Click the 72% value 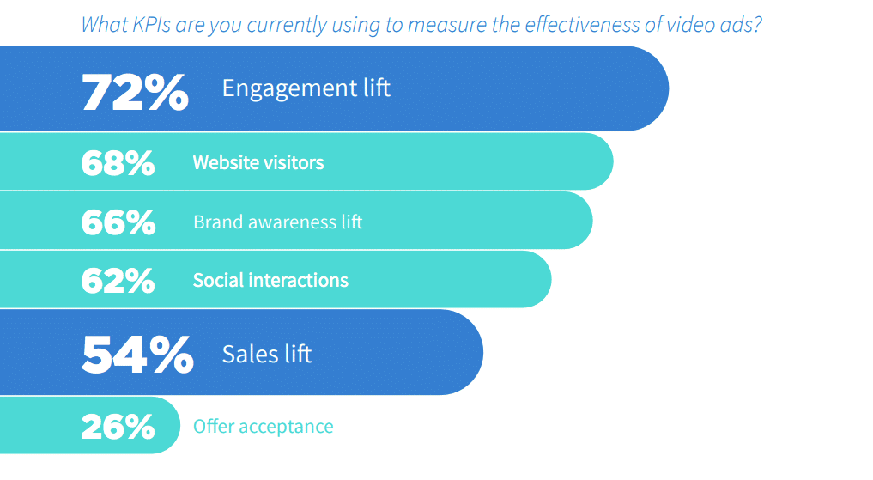click(136, 93)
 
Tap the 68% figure click(118, 163)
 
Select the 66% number click(118, 222)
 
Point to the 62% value click(118, 281)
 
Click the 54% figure click(137, 354)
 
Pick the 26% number click(118, 427)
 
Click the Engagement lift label click(306, 88)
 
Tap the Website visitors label click(258, 162)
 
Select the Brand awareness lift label click(278, 222)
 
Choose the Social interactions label click(270, 280)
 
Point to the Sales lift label click(267, 354)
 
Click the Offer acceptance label click(264, 427)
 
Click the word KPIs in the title click(151, 25)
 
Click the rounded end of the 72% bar click(666, 88)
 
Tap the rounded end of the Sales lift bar click(481, 352)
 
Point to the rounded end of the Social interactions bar click(549, 279)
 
